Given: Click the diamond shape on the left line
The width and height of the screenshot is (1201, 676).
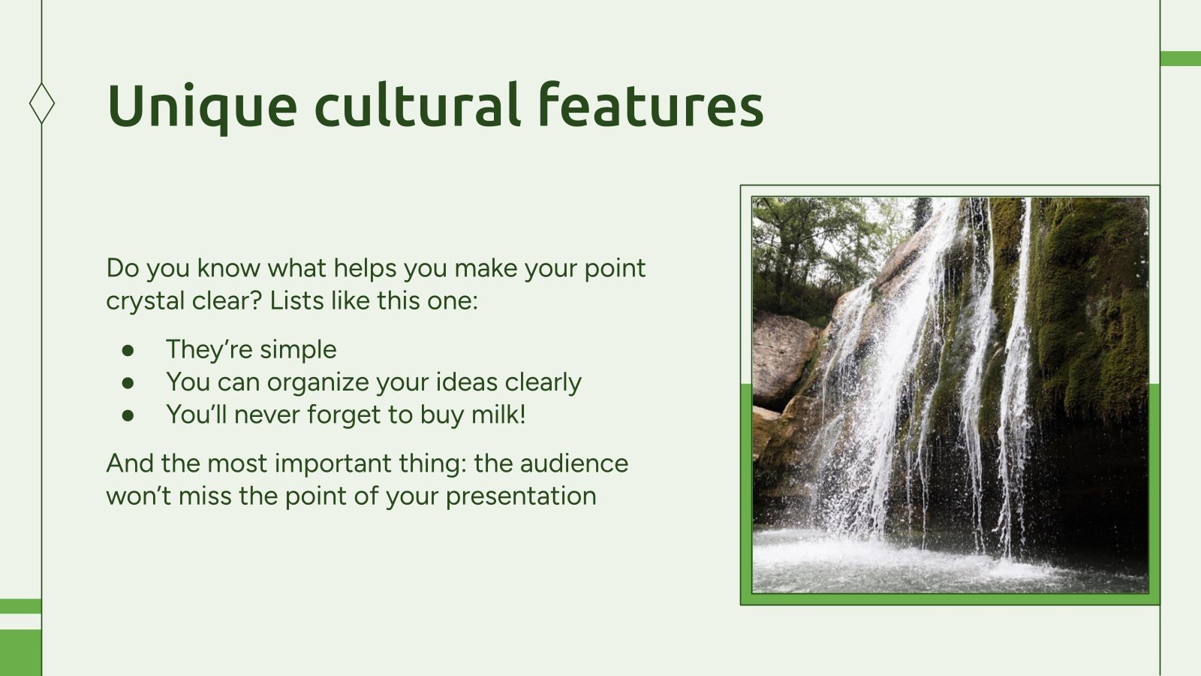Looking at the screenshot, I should click(42, 103).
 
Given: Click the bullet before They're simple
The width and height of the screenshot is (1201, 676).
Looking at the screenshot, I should click(128, 350).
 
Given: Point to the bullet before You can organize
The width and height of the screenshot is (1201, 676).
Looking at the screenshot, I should click(128, 382).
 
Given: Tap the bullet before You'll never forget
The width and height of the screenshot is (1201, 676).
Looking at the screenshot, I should click(128, 415).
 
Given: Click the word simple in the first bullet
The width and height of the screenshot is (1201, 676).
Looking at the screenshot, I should click(298, 350).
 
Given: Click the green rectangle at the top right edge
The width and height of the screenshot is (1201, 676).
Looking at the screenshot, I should click(1180, 59).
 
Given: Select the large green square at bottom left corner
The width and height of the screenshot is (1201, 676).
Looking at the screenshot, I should click(20, 652).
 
